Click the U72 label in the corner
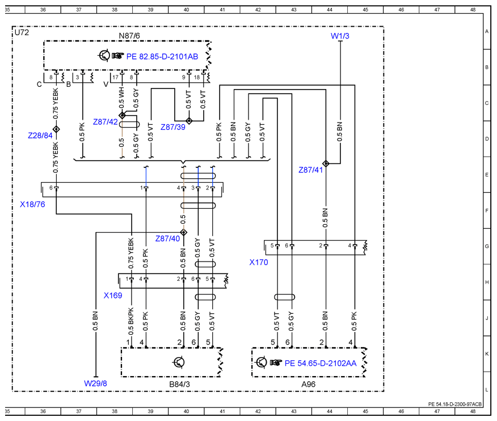click(x=22, y=33)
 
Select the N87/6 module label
click(x=129, y=36)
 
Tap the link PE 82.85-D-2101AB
click(x=162, y=56)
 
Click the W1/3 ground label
click(x=340, y=36)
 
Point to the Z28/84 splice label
click(x=40, y=136)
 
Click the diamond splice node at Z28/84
click(x=56, y=129)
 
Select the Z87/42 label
click(x=105, y=122)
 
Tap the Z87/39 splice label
click(x=172, y=127)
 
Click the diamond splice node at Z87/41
click(x=326, y=163)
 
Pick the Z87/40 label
click(x=167, y=238)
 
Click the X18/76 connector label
click(x=32, y=204)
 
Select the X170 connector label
click(x=259, y=262)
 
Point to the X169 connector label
click(x=113, y=296)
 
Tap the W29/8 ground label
click(x=95, y=384)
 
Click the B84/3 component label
click(x=179, y=384)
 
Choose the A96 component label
click(x=309, y=384)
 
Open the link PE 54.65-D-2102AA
click(x=321, y=363)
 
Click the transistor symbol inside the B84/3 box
click(x=179, y=362)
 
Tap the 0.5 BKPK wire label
click(x=131, y=321)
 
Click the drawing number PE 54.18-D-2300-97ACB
click(x=455, y=404)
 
